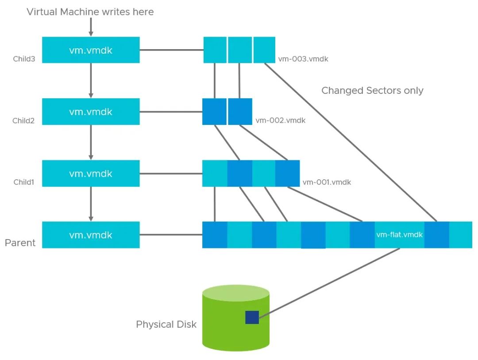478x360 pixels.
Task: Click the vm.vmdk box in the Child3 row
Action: point(91,50)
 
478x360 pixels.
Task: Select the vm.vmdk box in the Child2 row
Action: point(91,112)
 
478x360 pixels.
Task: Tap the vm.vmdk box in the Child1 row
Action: point(91,174)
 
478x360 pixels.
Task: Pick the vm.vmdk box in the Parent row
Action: point(91,235)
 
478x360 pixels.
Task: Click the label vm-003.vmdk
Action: point(303,59)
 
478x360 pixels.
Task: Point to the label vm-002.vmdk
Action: point(280,120)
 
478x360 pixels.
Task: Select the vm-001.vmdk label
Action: point(327,182)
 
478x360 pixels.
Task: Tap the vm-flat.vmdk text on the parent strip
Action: point(399,235)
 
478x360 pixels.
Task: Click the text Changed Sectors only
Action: point(372,91)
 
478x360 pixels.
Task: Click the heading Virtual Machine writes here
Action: point(90,12)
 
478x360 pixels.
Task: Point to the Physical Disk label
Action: point(166,325)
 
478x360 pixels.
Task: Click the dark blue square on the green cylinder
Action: point(252,317)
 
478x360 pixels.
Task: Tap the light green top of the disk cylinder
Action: point(236,294)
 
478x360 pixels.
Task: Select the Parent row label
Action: point(20,243)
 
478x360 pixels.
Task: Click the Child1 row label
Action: point(23,182)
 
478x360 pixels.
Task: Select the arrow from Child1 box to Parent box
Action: point(91,204)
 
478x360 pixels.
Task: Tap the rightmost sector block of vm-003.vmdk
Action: point(264,50)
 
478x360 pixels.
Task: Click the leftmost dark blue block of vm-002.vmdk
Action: point(214,112)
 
